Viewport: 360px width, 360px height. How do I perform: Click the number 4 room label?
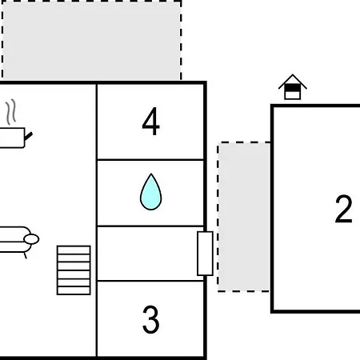tap(151, 122)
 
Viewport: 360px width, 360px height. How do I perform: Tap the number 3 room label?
tap(151, 319)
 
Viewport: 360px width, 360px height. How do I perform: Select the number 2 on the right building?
tap(344, 209)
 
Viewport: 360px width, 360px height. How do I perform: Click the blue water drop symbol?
tap(151, 192)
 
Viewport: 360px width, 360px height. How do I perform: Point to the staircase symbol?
tap(74, 270)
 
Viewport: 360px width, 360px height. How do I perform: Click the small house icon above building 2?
tap(293, 87)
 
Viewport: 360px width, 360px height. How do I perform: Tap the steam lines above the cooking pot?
tap(11, 112)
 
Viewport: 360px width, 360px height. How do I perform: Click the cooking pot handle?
tap(29, 136)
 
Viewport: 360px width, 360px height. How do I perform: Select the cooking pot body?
tap(12, 138)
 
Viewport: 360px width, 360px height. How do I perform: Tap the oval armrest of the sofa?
tap(31, 239)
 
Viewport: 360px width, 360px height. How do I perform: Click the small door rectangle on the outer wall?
tap(205, 254)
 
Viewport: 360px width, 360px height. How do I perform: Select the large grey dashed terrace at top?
tap(91, 40)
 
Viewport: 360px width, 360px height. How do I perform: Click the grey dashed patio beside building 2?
tap(244, 217)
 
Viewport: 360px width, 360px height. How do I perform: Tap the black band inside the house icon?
tap(293, 88)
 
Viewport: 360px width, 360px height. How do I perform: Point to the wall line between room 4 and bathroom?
tap(150, 160)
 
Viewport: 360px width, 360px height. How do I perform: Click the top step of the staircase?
tap(74, 250)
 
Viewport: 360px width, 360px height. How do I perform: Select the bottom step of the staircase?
tap(74, 290)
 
